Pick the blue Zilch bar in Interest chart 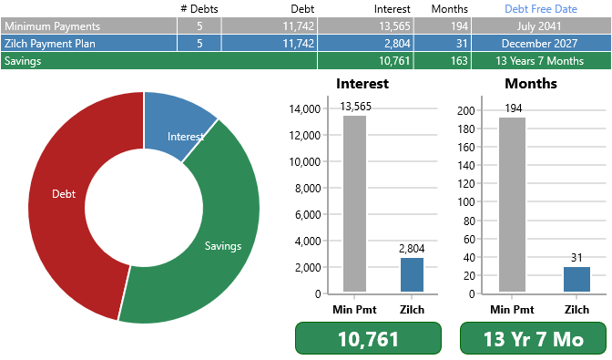413,275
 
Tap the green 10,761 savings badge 368,339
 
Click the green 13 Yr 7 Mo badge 533,339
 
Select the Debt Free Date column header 541,8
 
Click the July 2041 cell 541,26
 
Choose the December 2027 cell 541,44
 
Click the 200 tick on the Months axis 466,110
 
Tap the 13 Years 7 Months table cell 541,61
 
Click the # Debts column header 199,8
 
